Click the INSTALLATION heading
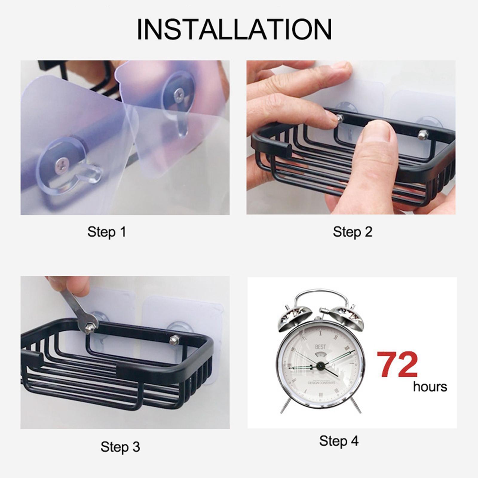click(x=234, y=30)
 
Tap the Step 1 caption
click(x=107, y=232)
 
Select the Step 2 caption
click(x=353, y=232)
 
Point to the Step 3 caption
click(x=120, y=447)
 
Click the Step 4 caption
click(x=338, y=441)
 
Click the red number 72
click(x=397, y=365)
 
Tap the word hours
click(x=430, y=387)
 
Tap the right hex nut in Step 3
click(x=173, y=341)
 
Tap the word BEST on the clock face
click(x=321, y=347)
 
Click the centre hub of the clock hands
click(x=321, y=365)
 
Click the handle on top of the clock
click(x=321, y=294)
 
